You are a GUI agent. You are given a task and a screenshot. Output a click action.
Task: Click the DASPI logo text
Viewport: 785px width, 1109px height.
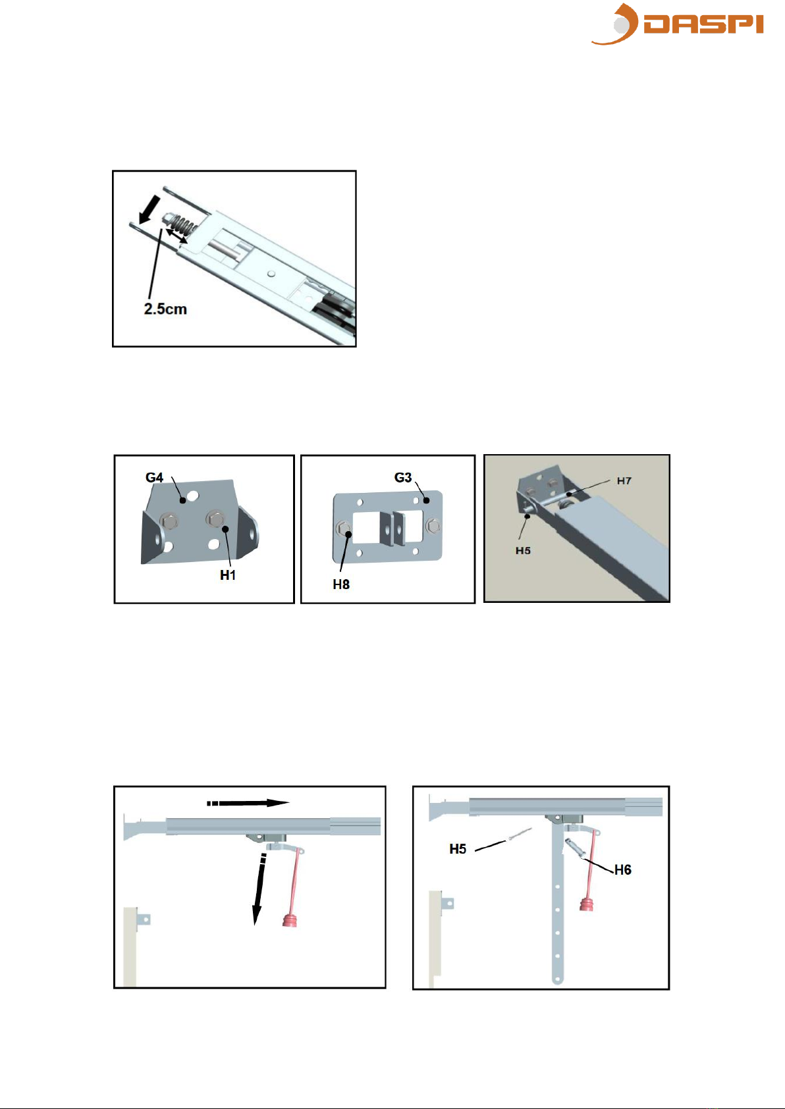click(x=703, y=24)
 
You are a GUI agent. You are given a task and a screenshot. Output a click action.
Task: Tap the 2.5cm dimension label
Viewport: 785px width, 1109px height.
click(x=165, y=309)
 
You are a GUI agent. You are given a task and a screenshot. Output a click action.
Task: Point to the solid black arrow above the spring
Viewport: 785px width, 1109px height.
click(x=149, y=209)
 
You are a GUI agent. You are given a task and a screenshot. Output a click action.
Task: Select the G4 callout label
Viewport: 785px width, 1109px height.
click(x=154, y=477)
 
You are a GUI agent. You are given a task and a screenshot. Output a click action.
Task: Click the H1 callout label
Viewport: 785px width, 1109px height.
click(x=228, y=575)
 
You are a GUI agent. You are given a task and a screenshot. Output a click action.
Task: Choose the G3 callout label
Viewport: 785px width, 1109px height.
click(x=402, y=477)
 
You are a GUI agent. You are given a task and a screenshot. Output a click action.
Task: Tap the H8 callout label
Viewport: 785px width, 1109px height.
click(x=341, y=584)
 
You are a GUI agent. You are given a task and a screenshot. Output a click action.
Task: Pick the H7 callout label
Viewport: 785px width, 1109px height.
click(x=624, y=480)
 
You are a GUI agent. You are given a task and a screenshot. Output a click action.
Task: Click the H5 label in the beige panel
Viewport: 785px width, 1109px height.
click(x=523, y=550)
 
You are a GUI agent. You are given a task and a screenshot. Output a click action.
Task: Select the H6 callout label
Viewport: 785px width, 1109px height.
click(x=622, y=870)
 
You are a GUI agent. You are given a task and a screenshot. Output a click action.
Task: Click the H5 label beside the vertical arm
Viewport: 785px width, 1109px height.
click(x=458, y=849)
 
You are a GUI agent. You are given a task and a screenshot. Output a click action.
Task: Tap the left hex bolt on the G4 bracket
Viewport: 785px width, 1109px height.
click(x=169, y=521)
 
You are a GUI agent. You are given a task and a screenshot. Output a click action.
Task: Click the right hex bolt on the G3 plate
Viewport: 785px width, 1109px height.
click(x=433, y=525)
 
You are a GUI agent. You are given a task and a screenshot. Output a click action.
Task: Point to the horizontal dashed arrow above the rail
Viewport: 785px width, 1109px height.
click(x=248, y=803)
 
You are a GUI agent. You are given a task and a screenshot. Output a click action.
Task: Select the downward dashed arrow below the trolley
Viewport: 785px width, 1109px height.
click(x=259, y=889)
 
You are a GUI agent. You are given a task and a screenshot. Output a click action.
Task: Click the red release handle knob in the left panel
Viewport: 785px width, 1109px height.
click(x=290, y=920)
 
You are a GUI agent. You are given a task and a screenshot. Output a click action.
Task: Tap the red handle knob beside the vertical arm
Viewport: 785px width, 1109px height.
click(x=586, y=905)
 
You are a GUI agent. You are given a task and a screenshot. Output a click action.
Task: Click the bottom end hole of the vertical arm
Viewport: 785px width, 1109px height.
click(x=557, y=979)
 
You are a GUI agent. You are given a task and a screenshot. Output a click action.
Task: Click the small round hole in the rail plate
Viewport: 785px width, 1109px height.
click(x=271, y=273)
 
